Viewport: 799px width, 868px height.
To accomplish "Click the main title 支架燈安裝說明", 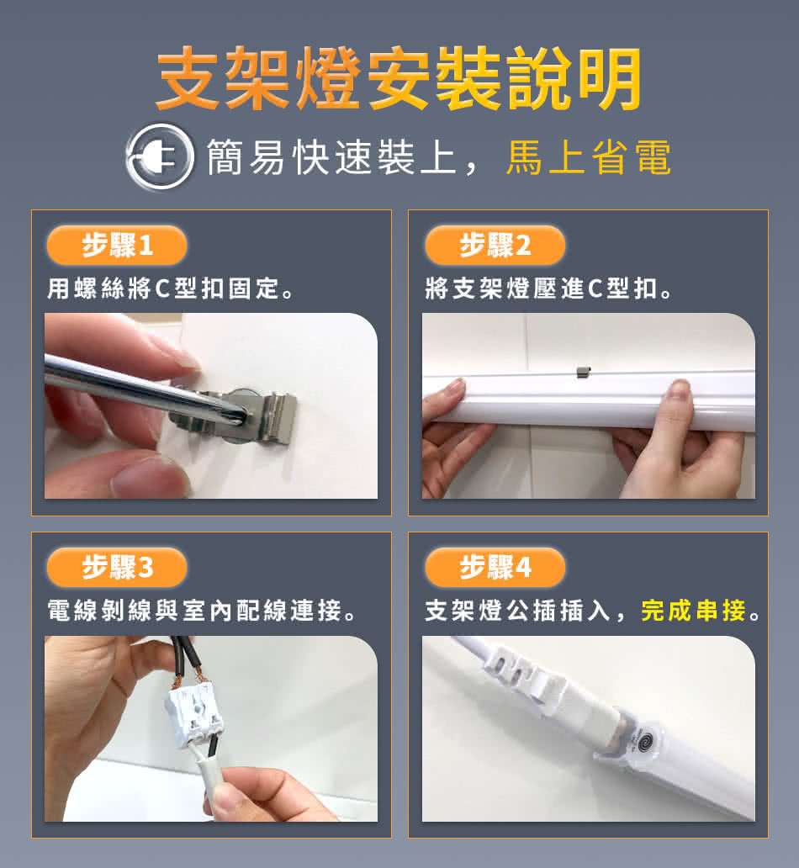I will pos(399,80).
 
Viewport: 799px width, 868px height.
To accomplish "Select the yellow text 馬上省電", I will pos(588,158).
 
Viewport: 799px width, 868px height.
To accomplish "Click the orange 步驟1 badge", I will pos(117,246).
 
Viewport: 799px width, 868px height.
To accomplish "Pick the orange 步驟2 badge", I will pos(495,246).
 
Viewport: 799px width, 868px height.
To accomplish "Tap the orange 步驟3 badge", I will pos(117,568).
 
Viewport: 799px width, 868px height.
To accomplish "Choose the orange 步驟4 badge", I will pos(495,568).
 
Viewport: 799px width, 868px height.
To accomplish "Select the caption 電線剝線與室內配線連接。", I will pos(202,611).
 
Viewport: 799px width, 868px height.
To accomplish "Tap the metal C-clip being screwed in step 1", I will pos(269,416).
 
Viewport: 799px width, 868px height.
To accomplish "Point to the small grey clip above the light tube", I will pos(582,371).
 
